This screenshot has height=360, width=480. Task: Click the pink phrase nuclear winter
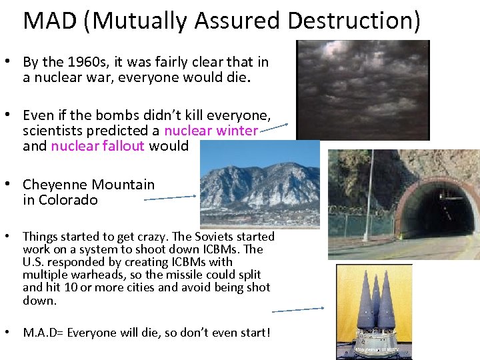pyautogui.click(x=211, y=131)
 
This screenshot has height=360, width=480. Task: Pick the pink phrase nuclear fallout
pyautogui.click(x=97, y=146)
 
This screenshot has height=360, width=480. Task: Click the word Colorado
pyautogui.click(x=68, y=200)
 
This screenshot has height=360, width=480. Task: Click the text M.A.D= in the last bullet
pyautogui.click(x=43, y=332)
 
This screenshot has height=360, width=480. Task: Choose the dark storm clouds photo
pyautogui.click(x=362, y=89)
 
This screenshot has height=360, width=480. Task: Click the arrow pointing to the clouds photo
pyautogui.click(x=273, y=128)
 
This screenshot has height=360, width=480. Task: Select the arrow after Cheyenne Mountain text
pyautogui.click(x=170, y=197)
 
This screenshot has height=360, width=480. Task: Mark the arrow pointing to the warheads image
pyautogui.click(x=297, y=309)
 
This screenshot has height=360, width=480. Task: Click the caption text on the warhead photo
pyautogui.click(x=375, y=349)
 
